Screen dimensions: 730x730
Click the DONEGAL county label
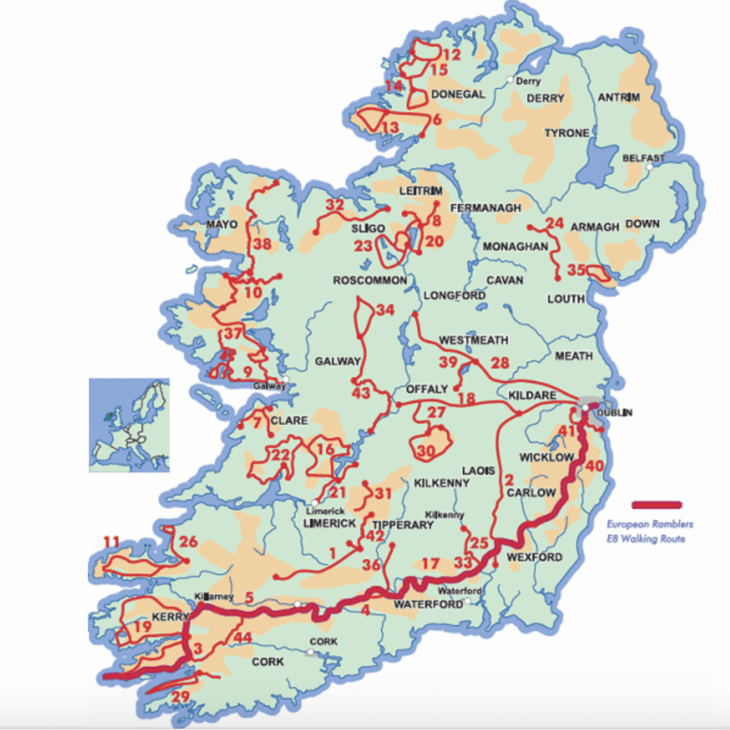pos(458,94)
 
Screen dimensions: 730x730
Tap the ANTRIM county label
pos(619,97)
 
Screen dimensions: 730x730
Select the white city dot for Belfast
pos(649,168)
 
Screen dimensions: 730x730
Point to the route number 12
pos(452,55)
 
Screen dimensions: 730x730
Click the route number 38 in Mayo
pos(263,245)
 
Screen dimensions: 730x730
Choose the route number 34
pos(385,310)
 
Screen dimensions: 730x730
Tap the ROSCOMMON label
pos(370,280)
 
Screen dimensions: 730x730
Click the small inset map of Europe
pos(129,425)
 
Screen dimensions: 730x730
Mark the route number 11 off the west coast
pos(110,541)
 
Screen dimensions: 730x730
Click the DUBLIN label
pos(615,413)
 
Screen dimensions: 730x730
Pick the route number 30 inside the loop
pos(426,451)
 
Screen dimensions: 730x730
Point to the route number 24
pos(555,223)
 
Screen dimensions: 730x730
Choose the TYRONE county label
pos(567,133)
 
